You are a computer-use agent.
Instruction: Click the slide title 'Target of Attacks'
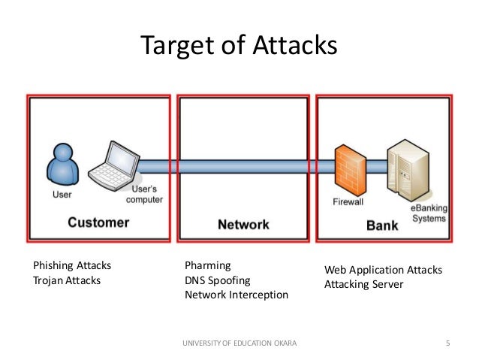[x=239, y=47]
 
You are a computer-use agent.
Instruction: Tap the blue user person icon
[x=62, y=165]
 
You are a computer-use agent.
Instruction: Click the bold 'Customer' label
[x=98, y=222]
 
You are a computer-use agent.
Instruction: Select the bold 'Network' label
[x=243, y=224]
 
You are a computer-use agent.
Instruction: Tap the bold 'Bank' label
[x=381, y=225]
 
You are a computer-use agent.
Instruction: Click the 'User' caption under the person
[x=62, y=194]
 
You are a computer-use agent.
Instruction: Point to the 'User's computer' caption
[x=143, y=195]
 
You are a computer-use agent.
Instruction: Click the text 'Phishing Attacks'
[x=72, y=266]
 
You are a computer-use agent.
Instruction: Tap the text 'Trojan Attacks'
[x=67, y=280]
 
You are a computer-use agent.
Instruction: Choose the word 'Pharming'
[x=207, y=266]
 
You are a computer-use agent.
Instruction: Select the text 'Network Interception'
[x=236, y=295]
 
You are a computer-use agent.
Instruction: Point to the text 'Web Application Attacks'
[x=383, y=270]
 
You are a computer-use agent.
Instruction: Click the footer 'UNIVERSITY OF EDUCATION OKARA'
[x=239, y=343]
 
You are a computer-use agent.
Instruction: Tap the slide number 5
[x=447, y=343]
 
